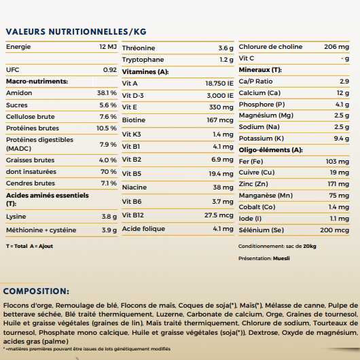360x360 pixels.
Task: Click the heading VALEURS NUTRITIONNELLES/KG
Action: pos(75,31)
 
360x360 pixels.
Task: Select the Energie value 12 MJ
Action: pos(107,47)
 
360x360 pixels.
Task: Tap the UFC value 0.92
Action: pos(109,70)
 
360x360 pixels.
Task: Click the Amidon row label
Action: pos(18,92)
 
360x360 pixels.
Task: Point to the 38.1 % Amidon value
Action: pos(107,92)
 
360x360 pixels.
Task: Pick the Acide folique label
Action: pos(143,229)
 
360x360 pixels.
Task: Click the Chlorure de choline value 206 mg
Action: pos(336,47)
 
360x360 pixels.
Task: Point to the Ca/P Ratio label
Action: pos(255,82)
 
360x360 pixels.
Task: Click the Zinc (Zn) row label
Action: pos(253,184)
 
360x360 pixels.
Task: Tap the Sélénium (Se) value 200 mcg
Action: pos(334,230)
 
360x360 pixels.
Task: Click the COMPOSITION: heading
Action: pos(46,291)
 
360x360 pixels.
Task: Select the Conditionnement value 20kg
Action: pos(309,247)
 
